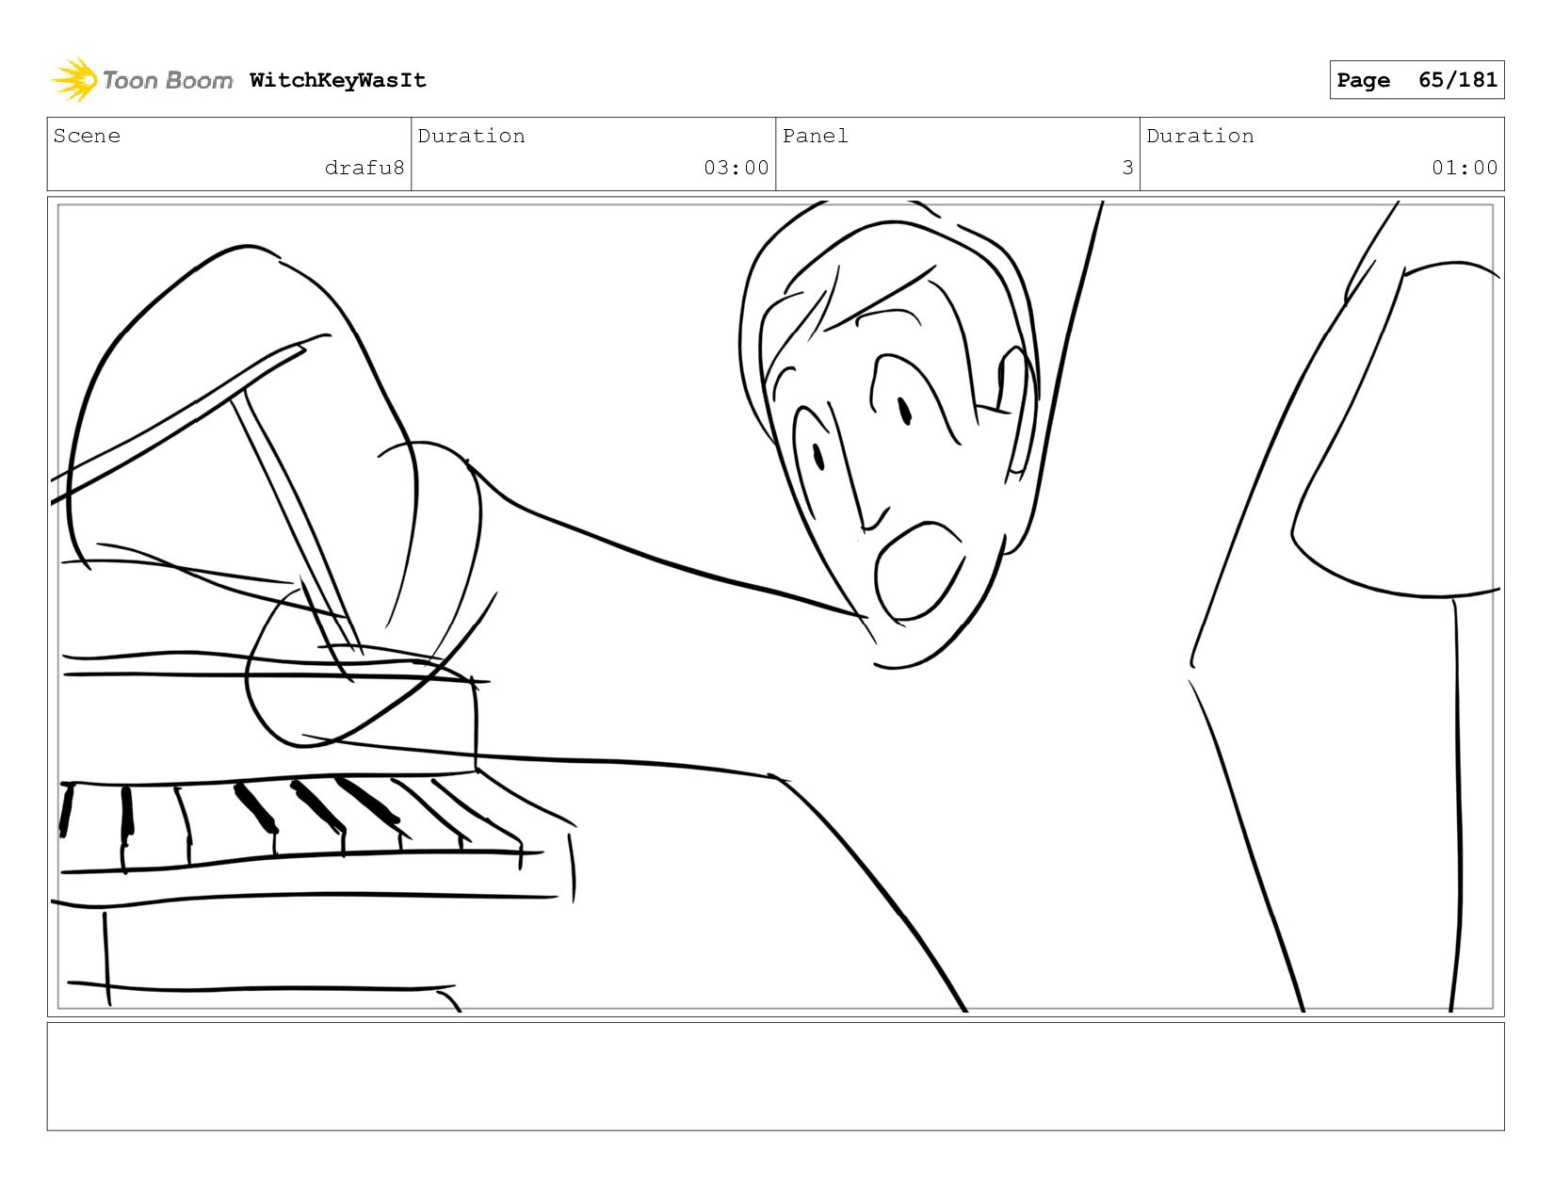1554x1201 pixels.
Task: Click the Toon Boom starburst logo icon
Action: point(73,79)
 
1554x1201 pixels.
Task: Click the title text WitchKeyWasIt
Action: point(337,80)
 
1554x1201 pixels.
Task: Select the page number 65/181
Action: point(1457,79)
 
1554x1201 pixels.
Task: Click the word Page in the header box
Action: point(1363,80)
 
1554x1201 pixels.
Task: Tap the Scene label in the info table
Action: point(87,136)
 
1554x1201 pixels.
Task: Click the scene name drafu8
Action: point(364,168)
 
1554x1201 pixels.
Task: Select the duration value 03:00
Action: point(736,168)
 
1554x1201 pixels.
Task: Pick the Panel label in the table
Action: point(816,136)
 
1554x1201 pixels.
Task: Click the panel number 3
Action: point(1127,168)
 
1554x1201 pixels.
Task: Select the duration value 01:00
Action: point(1465,168)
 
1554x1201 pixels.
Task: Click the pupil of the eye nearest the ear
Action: point(905,412)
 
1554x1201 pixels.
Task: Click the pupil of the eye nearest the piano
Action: point(818,457)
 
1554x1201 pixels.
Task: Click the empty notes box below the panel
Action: point(776,1077)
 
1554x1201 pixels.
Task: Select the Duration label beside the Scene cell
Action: point(471,136)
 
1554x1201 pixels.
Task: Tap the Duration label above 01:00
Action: point(1200,136)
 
